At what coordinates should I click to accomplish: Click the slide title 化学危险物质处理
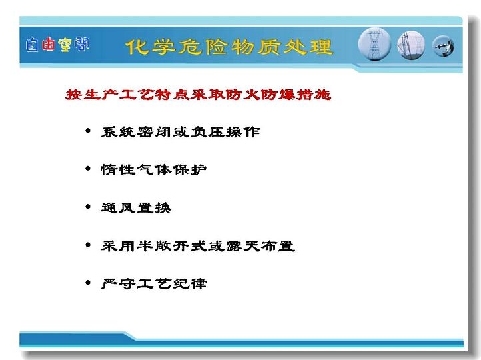[x=229, y=47]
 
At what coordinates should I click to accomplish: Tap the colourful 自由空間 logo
[x=57, y=45]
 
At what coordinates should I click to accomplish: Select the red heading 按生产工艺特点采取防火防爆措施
[x=199, y=94]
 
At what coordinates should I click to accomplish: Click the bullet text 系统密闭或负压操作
[x=181, y=132]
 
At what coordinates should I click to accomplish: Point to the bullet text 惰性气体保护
[x=154, y=169]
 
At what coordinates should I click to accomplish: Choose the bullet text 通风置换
[x=136, y=208]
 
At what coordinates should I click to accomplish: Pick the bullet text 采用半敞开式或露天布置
[x=198, y=246]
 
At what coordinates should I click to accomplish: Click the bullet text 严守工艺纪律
[x=154, y=283]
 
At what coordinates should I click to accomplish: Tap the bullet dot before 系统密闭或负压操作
[x=88, y=131]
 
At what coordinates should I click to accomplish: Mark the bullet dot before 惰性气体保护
[x=88, y=169]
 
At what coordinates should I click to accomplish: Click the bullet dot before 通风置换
[x=88, y=207]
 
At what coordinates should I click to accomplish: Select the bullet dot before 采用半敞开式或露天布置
[x=88, y=245]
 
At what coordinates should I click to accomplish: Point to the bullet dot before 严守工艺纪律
[x=88, y=283]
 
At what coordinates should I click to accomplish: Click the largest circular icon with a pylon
[x=374, y=44]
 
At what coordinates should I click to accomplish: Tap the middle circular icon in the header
[x=411, y=45]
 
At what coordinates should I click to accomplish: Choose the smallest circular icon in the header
[x=443, y=47]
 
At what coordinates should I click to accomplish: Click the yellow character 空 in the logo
[x=65, y=45]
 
